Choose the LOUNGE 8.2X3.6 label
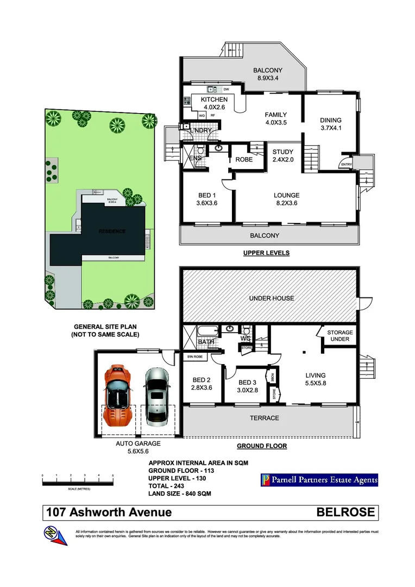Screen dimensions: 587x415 click(x=286, y=199)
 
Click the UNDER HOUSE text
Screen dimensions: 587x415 click(x=271, y=298)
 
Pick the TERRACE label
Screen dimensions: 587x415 click(x=264, y=418)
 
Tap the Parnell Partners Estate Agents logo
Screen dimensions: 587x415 click(x=319, y=480)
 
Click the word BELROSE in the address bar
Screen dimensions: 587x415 click(x=345, y=512)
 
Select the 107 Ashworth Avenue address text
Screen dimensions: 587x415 click(x=109, y=512)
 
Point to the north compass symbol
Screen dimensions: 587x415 click(x=56, y=535)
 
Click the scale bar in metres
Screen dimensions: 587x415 click(x=77, y=478)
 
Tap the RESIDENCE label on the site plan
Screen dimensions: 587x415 click(x=112, y=232)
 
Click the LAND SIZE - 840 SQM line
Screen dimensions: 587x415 click(x=179, y=494)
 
